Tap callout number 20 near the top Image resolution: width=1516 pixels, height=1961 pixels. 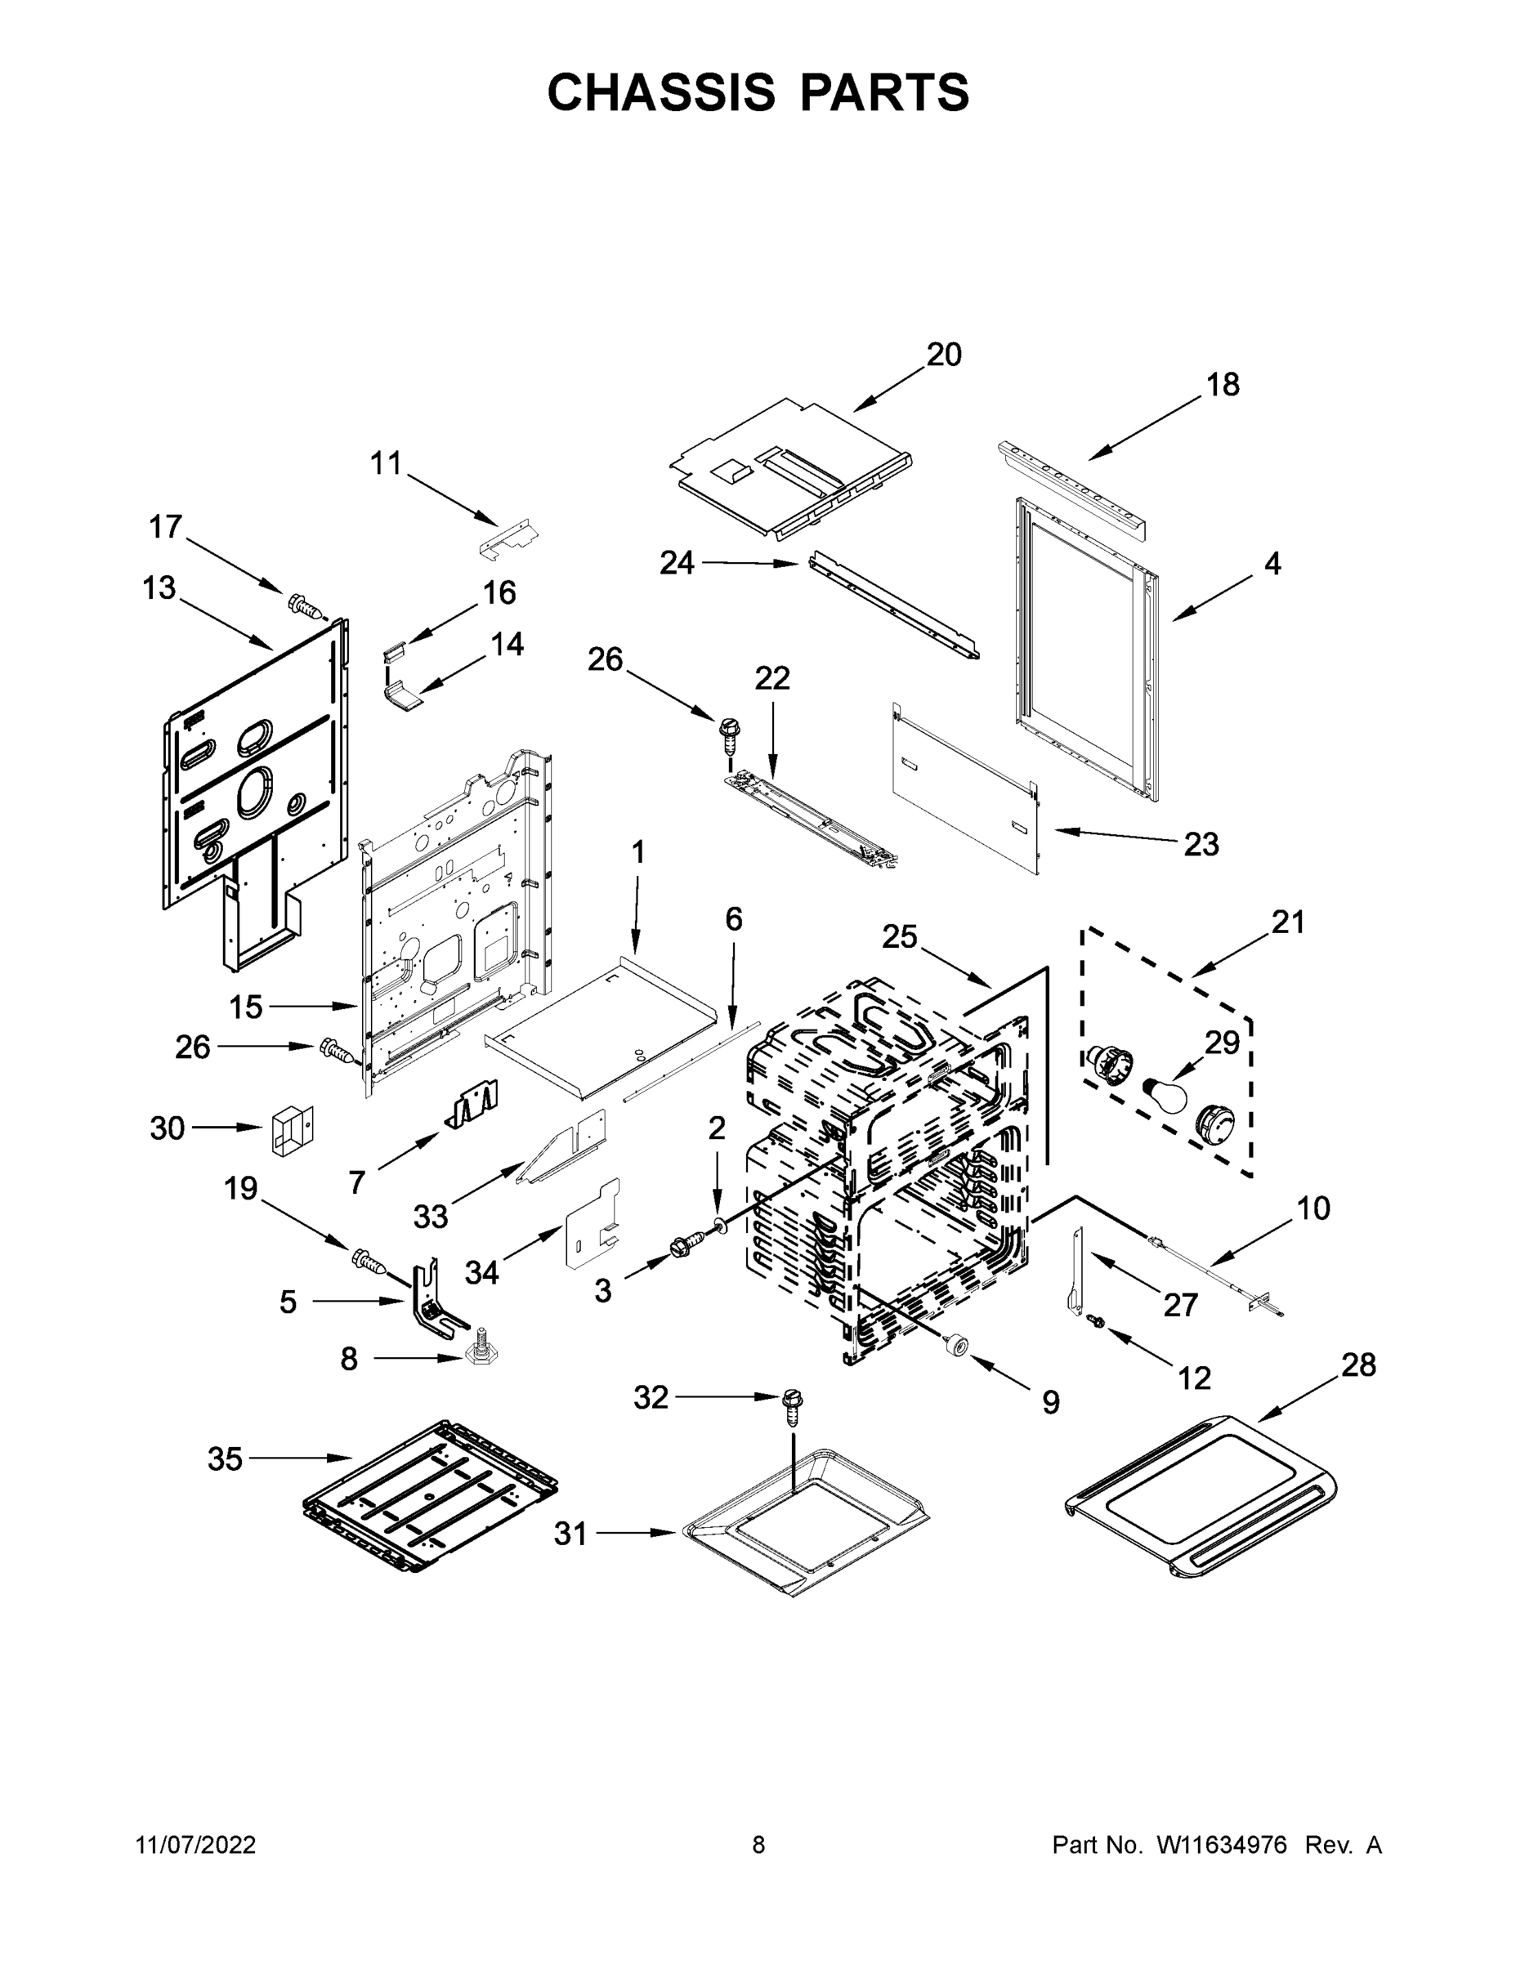tap(944, 355)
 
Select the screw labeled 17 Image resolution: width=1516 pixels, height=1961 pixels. tap(305, 607)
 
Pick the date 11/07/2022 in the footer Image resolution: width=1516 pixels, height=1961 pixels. tap(196, 1844)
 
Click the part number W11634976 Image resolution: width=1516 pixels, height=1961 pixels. tap(1222, 1844)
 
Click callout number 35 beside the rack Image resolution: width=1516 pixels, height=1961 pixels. tap(225, 1459)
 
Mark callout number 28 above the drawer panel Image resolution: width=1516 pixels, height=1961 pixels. tap(1358, 1365)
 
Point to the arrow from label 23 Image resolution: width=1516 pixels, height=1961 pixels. tap(1115, 836)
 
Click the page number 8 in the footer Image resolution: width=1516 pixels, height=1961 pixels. tap(758, 1844)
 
